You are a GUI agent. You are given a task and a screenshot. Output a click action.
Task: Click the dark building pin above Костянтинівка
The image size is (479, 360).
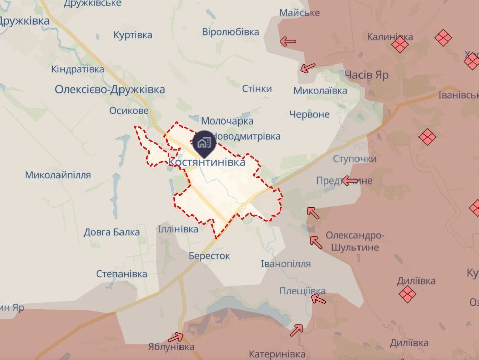click(204, 143)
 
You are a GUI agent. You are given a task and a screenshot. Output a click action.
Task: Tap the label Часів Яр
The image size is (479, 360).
click(367, 75)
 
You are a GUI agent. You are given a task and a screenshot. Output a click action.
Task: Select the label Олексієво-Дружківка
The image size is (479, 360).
click(110, 89)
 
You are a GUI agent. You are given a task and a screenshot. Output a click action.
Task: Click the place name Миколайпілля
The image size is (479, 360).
click(58, 175)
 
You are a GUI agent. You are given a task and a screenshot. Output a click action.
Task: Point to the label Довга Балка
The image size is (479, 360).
click(111, 232)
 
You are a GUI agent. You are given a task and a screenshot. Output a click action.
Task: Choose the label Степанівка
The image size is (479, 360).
click(122, 274)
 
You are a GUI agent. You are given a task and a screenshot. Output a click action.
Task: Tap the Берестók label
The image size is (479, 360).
click(209, 256)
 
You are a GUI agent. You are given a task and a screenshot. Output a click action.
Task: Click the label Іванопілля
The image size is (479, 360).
click(285, 264)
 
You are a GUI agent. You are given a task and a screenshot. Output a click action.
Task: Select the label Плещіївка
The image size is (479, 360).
click(303, 291)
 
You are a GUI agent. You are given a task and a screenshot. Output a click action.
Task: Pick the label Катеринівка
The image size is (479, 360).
click(277, 354)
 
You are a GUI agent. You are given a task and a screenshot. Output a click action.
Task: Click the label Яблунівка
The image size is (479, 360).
click(171, 347)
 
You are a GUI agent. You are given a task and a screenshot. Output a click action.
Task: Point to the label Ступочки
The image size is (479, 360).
click(354, 159)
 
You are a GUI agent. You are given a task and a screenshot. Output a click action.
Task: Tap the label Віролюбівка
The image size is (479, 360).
click(230, 32)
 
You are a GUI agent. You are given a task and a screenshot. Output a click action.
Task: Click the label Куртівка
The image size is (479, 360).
click(133, 35)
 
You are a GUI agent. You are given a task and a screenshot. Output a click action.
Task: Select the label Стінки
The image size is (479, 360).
click(257, 89)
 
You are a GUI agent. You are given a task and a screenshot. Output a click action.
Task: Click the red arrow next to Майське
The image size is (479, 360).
click(288, 42)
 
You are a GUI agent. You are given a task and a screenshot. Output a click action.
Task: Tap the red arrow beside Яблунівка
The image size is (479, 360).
click(176, 337)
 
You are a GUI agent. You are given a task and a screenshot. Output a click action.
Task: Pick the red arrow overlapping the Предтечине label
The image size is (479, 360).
click(350, 181)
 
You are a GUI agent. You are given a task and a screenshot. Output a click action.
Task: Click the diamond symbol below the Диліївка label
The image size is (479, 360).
click(407, 294)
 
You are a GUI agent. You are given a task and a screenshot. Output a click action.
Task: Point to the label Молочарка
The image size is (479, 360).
click(227, 121)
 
